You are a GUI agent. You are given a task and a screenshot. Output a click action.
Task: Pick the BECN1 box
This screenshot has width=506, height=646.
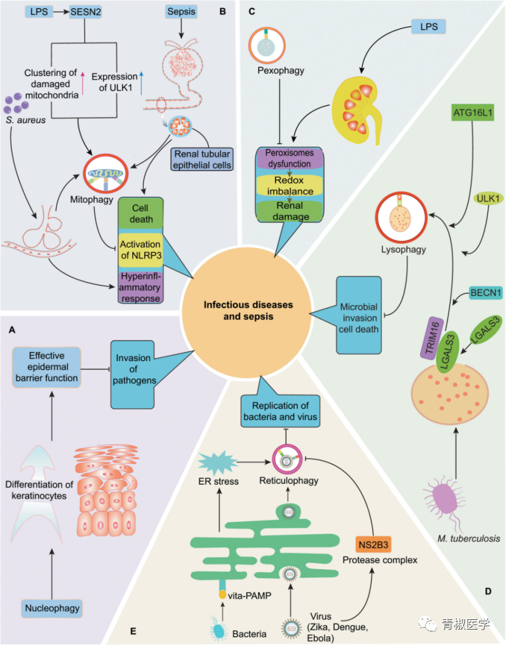coord(485,293)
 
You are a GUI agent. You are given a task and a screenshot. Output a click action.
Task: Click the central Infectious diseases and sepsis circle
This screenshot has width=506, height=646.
coord(248,310)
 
